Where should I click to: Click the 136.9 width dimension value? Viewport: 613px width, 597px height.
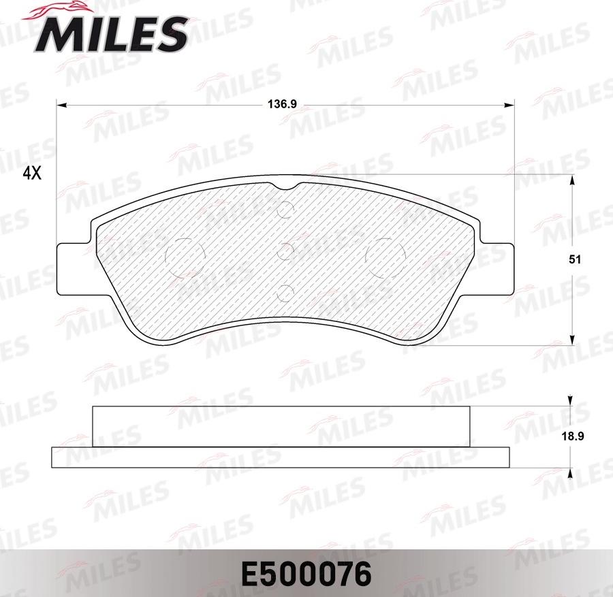point(282,104)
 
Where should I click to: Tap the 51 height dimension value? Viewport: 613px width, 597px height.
point(575,259)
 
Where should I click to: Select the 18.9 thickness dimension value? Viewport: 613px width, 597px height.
point(573,436)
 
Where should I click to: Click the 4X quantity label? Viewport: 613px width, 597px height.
point(32,173)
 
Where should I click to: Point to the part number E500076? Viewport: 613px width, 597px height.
point(306,574)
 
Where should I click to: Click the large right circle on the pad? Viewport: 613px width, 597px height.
point(386,257)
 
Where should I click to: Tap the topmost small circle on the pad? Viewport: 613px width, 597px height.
point(285,210)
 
